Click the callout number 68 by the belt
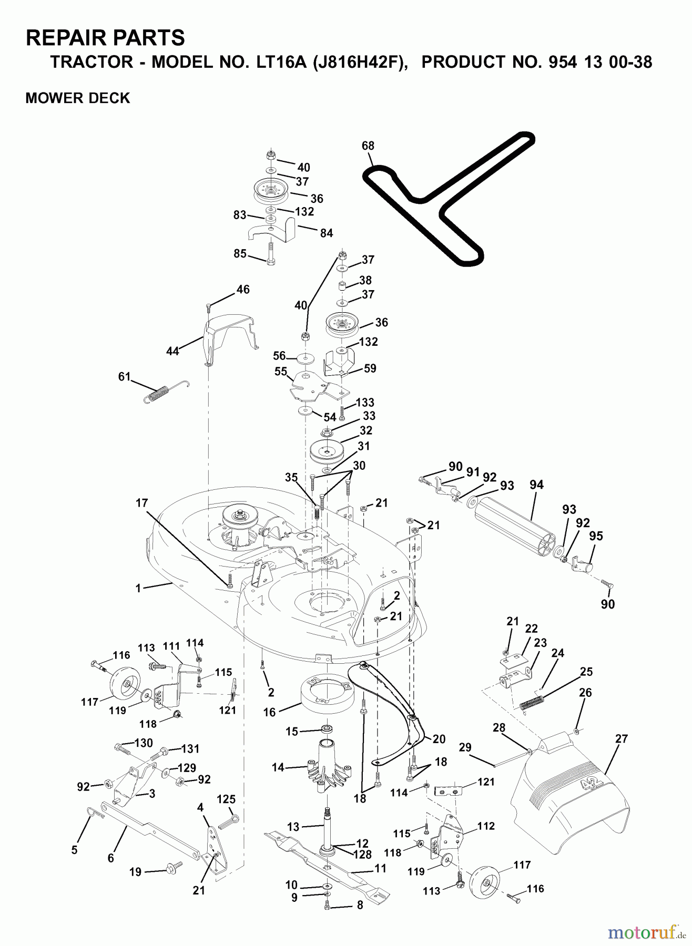(x=368, y=146)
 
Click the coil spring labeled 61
(x=166, y=392)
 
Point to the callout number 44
(x=172, y=352)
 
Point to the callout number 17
(x=141, y=503)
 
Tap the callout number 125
(x=226, y=799)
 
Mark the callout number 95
(x=596, y=536)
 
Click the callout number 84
(x=326, y=233)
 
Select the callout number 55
(x=281, y=372)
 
